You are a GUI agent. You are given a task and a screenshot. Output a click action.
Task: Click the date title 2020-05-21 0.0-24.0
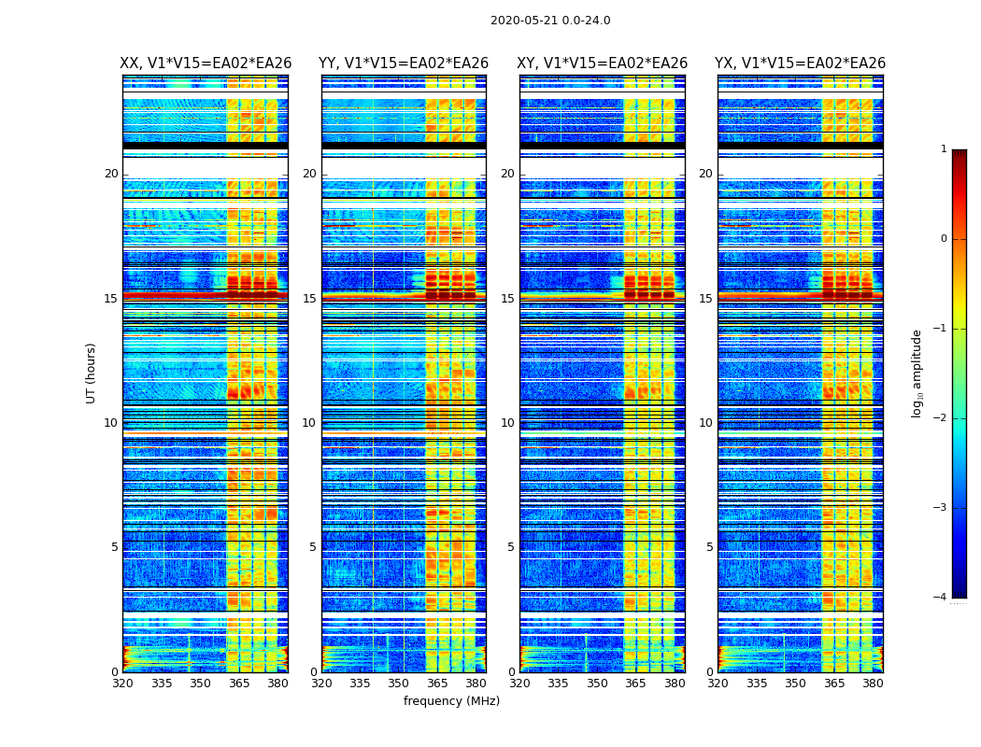tap(550, 21)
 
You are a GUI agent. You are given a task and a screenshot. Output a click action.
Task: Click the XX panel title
tap(206, 63)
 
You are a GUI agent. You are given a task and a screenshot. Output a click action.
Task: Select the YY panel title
tap(404, 63)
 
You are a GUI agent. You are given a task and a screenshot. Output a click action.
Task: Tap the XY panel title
tap(603, 63)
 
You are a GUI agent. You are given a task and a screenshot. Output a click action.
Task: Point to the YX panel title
tap(800, 63)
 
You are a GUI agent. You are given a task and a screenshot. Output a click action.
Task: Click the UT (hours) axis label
tap(92, 373)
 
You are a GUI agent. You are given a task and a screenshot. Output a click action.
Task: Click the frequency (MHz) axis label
tap(451, 701)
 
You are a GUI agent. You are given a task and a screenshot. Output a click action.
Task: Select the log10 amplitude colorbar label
tap(917, 373)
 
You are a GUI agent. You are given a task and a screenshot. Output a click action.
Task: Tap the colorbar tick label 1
tap(944, 149)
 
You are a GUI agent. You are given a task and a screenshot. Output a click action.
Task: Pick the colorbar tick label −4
tap(941, 598)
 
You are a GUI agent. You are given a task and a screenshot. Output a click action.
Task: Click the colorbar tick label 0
tap(944, 239)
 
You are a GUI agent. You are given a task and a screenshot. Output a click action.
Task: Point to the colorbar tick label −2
tap(941, 418)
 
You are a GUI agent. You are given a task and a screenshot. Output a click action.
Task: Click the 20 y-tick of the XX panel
tap(111, 174)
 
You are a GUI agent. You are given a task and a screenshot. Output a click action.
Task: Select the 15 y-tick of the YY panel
tap(309, 299)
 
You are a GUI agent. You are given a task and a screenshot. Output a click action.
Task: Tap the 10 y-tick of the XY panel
tap(507, 423)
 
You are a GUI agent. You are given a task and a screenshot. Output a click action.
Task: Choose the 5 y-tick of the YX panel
tap(709, 547)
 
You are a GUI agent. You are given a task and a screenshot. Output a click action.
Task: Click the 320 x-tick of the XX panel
tap(122, 684)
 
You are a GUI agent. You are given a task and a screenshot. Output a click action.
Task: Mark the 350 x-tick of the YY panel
tap(399, 684)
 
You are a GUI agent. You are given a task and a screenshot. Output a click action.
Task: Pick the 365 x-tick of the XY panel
tap(635, 684)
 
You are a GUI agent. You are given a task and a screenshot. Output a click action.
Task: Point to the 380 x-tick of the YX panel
tap(873, 684)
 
